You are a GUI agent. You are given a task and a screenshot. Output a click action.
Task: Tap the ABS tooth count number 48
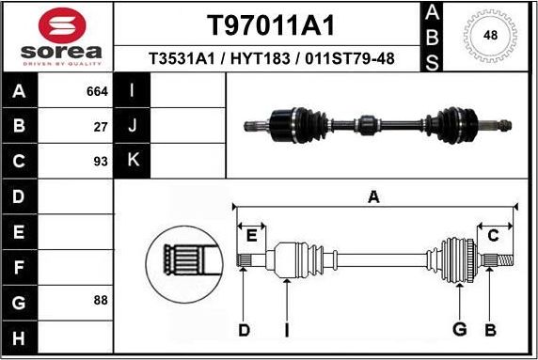click(489, 36)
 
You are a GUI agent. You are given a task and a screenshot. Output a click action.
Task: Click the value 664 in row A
click(97, 92)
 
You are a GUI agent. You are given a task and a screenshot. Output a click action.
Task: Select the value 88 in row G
click(101, 301)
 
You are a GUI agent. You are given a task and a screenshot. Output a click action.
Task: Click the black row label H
click(19, 337)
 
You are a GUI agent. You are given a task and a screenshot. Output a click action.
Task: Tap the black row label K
click(133, 161)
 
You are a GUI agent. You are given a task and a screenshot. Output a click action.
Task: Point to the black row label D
click(19, 196)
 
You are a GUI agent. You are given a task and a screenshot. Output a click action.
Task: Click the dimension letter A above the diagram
click(373, 196)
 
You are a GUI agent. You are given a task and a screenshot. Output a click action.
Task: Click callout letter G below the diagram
click(459, 329)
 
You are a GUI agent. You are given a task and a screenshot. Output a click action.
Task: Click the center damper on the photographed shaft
click(367, 122)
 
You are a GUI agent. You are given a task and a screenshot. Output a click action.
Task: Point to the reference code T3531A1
click(180, 59)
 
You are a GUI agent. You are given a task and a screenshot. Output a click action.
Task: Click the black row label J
click(133, 126)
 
